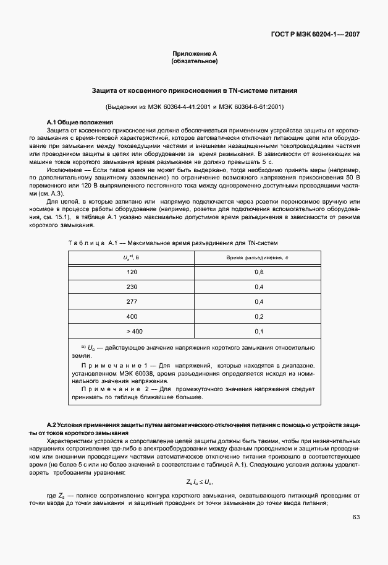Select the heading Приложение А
(x=194, y=54)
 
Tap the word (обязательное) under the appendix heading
(x=194, y=62)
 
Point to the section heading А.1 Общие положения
(x=80, y=122)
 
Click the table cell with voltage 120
(x=132, y=272)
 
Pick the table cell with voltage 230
(x=132, y=287)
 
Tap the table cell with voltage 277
(x=132, y=302)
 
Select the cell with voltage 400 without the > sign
(x=132, y=317)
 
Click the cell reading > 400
(x=132, y=332)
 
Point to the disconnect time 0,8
(x=259, y=272)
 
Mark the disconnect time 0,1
(x=259, y=332)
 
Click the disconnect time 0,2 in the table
(x=259, y=317)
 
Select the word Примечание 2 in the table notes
(x=109, y=389)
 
